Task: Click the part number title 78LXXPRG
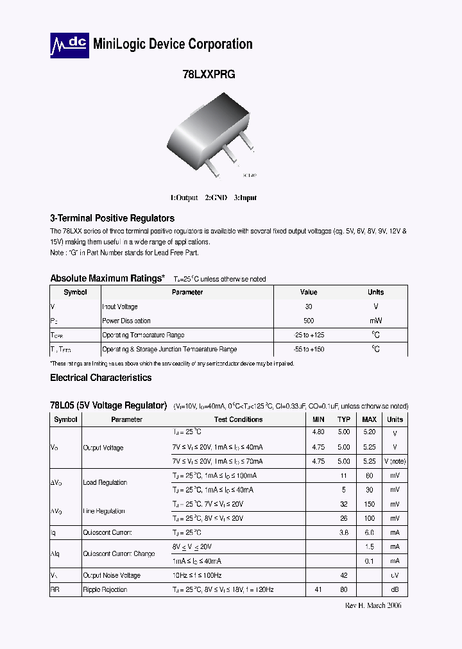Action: coord(209,74)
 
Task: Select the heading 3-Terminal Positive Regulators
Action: coord(112,218)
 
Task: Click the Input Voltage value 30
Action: coord(309,307)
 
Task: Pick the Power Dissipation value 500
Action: coord(309,321)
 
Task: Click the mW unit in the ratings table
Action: coord(375,321)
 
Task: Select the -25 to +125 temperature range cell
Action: coord(309,335)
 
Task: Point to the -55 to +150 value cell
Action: coord(309,350)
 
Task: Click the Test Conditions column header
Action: coord(238,419)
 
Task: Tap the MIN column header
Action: coord(318,419)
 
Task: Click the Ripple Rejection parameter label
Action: coord(105,589)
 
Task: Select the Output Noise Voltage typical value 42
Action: coord(344,575)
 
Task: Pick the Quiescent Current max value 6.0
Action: coord(370,533)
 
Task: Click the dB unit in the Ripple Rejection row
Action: coord(395,589)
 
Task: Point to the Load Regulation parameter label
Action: coord(105,483)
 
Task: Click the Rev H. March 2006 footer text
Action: coord(373,605)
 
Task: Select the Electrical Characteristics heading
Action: coord(101,378)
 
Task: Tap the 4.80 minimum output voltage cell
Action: coord(318,433)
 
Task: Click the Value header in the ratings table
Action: coord(309,292)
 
